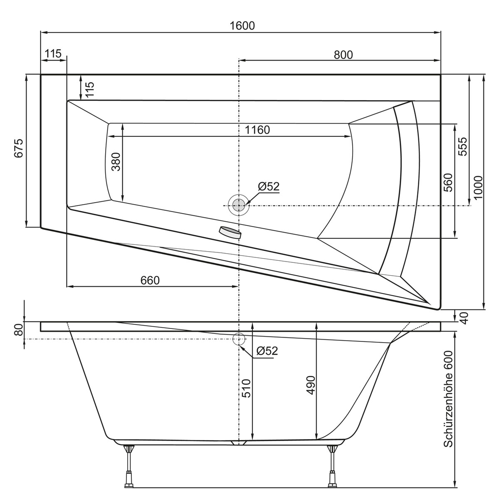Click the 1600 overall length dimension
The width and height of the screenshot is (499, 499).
click(242, 25)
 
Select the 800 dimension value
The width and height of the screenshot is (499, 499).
click(343, 54)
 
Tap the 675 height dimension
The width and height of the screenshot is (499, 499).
click(19, 148)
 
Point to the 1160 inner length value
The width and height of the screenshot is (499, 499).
click(257, 130)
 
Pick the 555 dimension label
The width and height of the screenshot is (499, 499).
click(463, 146)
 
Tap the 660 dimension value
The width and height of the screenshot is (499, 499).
click(150, 280)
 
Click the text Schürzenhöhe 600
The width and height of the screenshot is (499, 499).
click(448, 399)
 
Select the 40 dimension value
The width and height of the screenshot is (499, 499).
click(464, 318)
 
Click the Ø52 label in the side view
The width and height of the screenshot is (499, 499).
click(267, 351)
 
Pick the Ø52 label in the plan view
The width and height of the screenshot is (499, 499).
click(268, 187)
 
